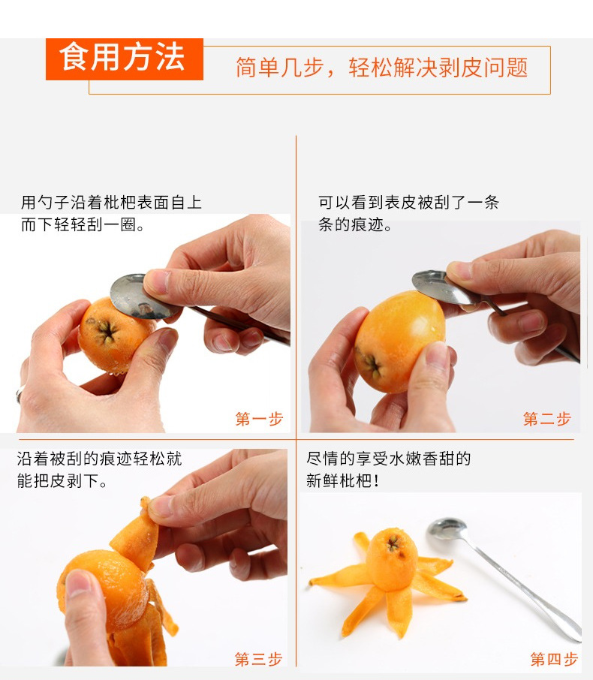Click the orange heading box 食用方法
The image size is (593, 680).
[x=124, y=59]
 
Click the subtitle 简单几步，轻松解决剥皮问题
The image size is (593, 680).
[x=381, y=68]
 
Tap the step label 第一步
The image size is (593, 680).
[x=259, y=419]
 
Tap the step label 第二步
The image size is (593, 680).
[x=546, y=419]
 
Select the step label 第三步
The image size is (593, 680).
[x=258, y=659]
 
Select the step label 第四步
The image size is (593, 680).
[x=554, y=659]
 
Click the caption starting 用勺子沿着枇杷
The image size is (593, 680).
[x=111, y=213]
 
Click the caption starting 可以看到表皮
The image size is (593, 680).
[x=408, y=213]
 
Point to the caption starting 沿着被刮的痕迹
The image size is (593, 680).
[x=99, y=469]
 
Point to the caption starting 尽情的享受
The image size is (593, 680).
[x=388, y=469]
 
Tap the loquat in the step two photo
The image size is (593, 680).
[x=398, y=338]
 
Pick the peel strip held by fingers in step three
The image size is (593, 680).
[x=135, y=536]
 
